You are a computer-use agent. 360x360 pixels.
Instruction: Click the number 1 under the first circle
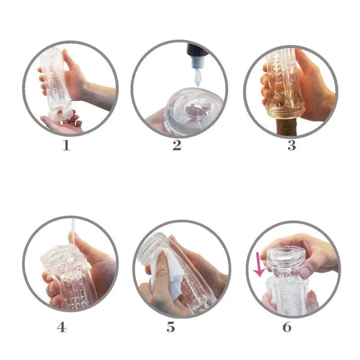pos(66,146)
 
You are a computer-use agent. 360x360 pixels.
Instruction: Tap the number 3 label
pos(292,146)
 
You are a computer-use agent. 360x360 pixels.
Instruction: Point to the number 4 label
pos(61,327)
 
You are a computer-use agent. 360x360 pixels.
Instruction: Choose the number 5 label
pos(171,327)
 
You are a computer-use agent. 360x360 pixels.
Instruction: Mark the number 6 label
pos(287,327)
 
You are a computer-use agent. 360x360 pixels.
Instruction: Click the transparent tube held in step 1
pos(56,81)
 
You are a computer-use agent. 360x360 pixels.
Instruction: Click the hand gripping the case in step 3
pos(315,85)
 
